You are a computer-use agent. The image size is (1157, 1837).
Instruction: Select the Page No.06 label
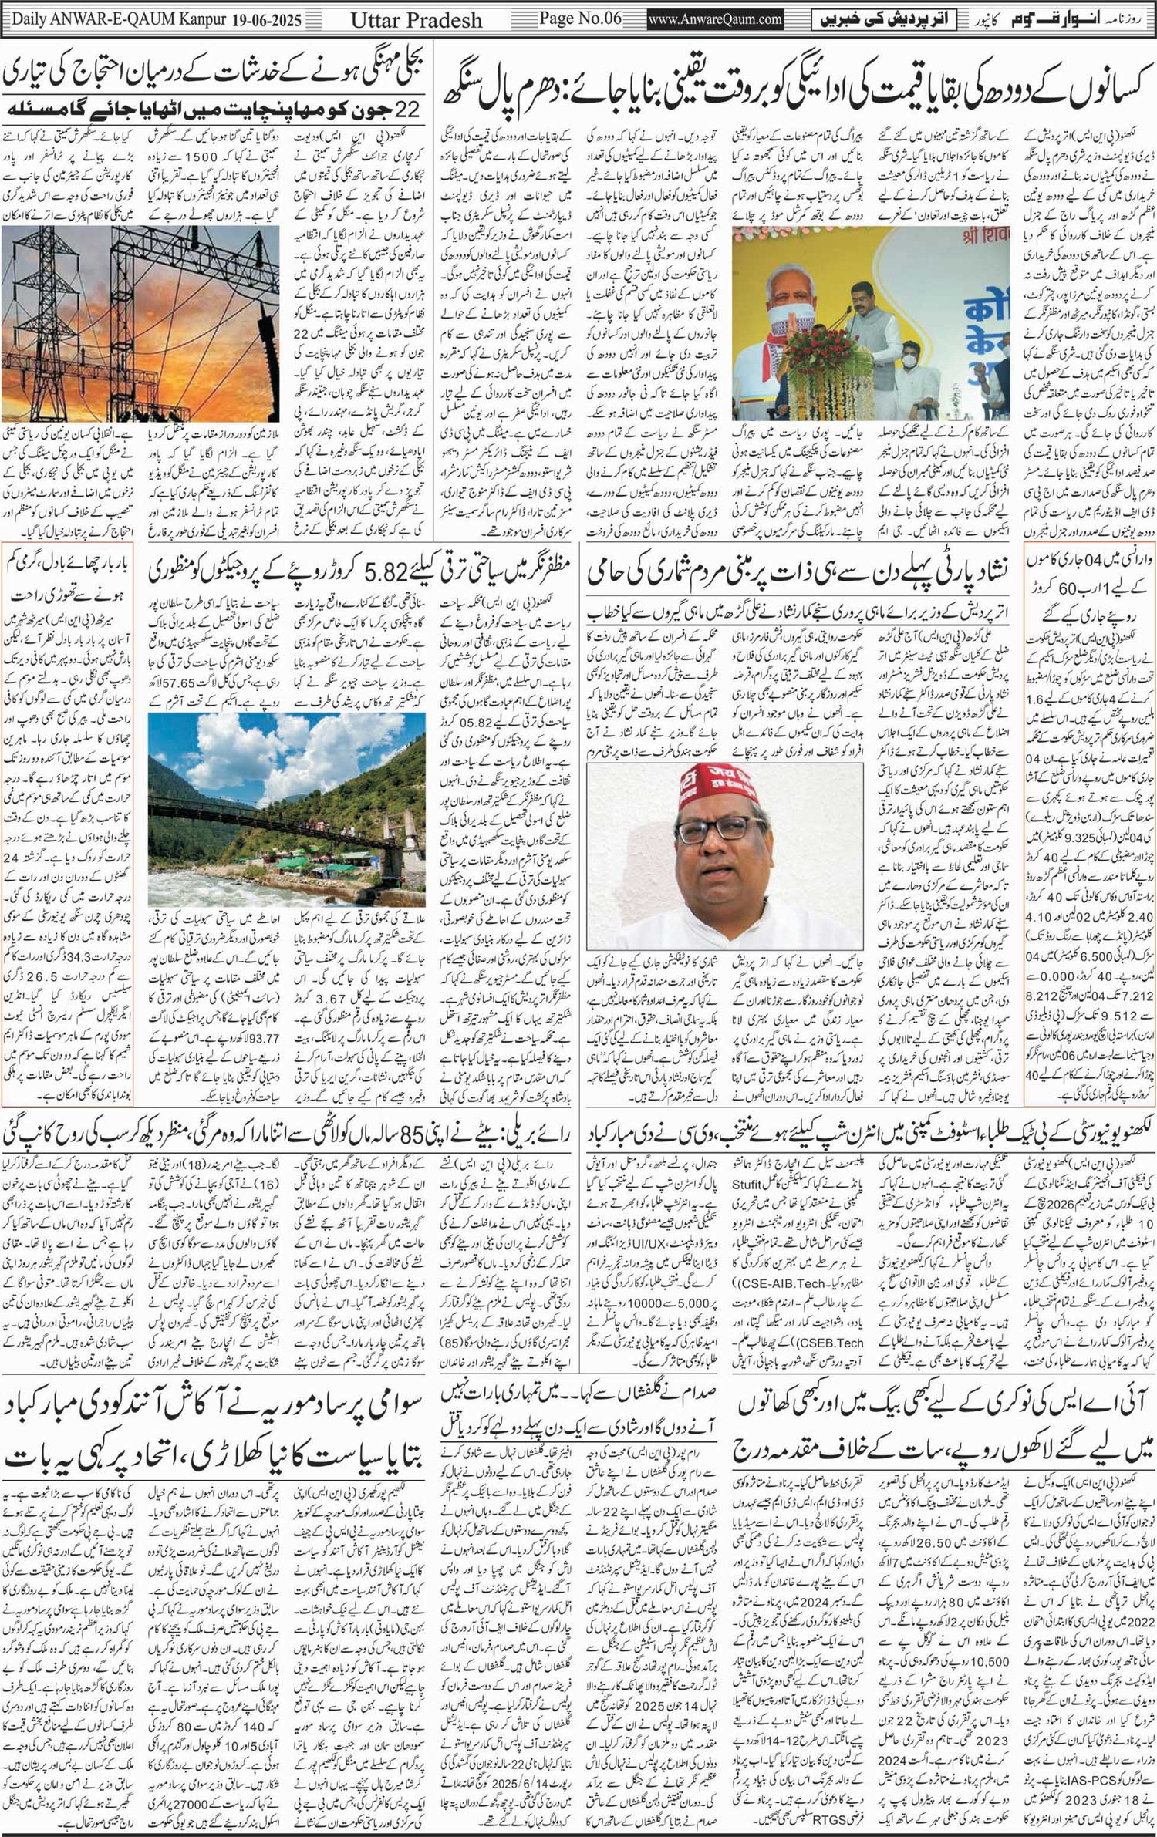[x=581, y=19]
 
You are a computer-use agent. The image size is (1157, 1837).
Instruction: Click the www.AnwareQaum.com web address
[x=714, y=19]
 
